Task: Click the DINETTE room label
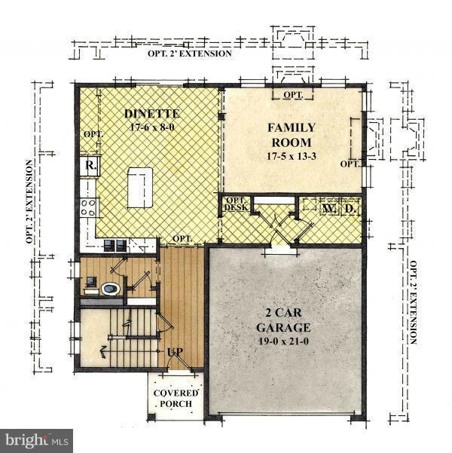tap(148, 114)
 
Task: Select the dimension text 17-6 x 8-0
tap(148, 128)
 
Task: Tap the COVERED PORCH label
tap(177, 398)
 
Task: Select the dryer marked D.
tap(349, 207)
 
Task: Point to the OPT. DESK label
tap(237, 204)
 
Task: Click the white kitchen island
tap(140, 188)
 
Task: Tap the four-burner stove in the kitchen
tap(89, 207)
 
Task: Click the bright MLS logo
tap(36, 438)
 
